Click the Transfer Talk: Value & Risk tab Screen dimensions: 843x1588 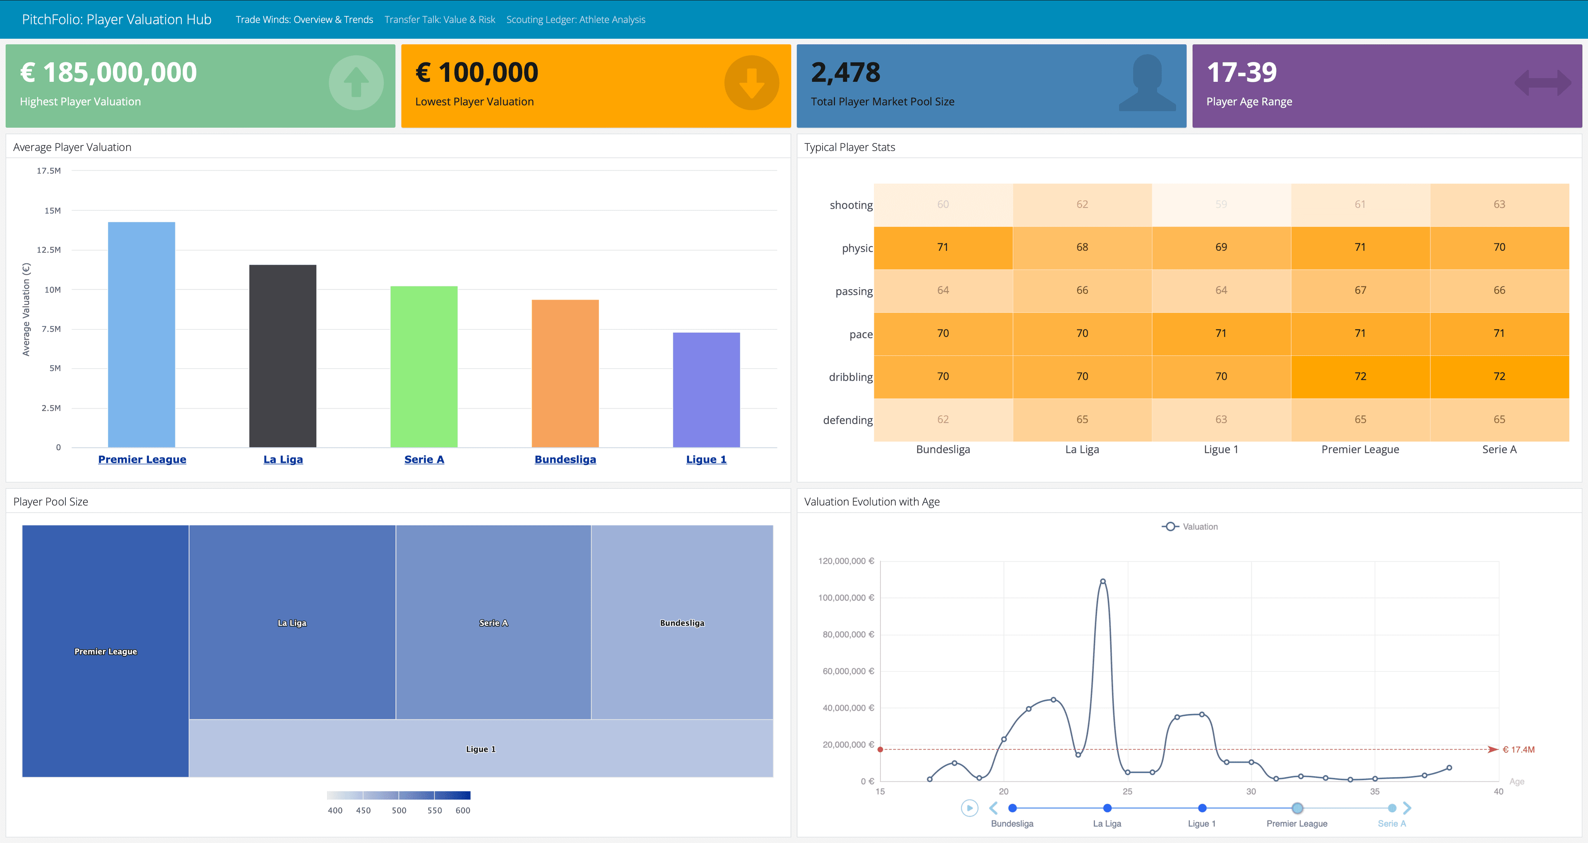pos(440,20)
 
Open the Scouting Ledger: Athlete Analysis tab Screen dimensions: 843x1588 pos(575,20)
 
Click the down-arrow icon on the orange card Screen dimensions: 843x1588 pos(751,83)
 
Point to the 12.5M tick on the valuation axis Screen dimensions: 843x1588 pos(49,250)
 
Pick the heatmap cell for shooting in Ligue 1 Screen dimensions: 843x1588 pos(1221,205)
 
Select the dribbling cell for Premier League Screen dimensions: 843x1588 pos(1360,376)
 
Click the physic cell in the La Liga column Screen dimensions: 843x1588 pos(1082,248)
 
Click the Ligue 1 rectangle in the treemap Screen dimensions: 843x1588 pos(480,749)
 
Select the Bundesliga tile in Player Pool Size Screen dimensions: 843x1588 pos(682,622)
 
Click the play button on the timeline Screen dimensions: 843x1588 pos(969,808)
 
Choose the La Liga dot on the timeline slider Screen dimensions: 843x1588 pos(1107,808)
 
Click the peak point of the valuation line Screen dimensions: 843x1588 pos(1103,581)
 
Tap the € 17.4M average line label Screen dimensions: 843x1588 pos(1519,749)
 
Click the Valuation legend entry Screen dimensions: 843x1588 pos(1190,527)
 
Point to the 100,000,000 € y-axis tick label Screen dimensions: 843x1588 pos(846,598)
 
